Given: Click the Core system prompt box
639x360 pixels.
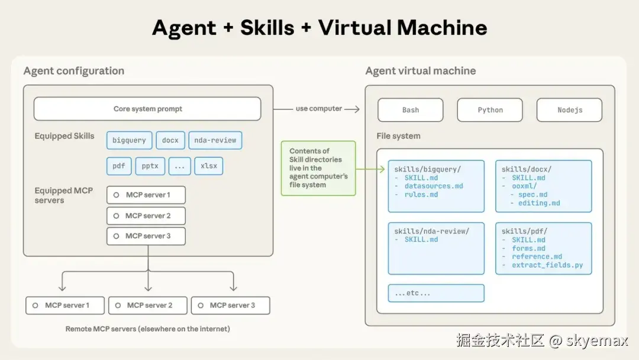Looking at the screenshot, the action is coord(147,109).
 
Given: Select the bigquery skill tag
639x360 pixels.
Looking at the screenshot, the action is coord(129,140).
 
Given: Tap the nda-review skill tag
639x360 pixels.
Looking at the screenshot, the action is coord(215,140).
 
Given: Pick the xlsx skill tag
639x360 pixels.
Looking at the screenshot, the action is coord(209,166).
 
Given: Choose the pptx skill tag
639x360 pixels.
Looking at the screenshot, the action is coord(150,166).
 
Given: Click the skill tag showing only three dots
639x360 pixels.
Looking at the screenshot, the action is coord(180,166).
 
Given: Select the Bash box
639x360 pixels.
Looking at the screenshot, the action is coord(411,110).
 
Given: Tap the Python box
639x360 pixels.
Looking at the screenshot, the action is coord(490,110).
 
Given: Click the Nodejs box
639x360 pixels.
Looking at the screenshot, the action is coord(569,110).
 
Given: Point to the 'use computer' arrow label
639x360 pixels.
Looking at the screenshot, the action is coord(319,108).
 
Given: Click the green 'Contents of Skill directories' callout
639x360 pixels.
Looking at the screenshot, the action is coord(318,168).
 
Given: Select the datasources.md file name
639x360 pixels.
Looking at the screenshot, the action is coord(434,186).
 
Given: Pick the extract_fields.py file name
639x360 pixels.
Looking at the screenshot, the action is coord(547,265).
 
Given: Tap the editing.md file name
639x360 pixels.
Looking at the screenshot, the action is coord(539,203).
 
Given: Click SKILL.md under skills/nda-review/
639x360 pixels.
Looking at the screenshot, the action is coord(421,240).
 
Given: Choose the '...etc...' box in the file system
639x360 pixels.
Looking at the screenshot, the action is coord(436,293).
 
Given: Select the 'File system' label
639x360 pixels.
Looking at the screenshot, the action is coord(398,136).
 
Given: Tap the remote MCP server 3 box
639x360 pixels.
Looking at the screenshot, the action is coord(230,306).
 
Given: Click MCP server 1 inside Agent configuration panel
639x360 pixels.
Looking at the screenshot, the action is coord(146,195).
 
